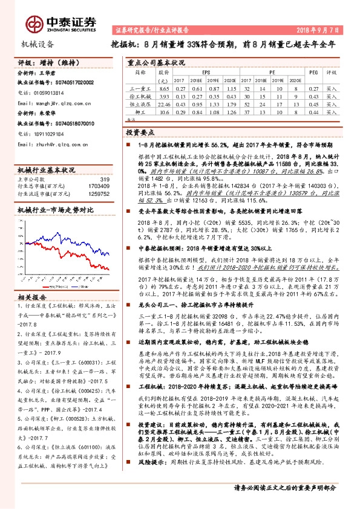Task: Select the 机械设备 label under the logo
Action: pos(38,44)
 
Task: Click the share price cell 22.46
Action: pos(162,104)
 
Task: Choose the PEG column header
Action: pos(313,72)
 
